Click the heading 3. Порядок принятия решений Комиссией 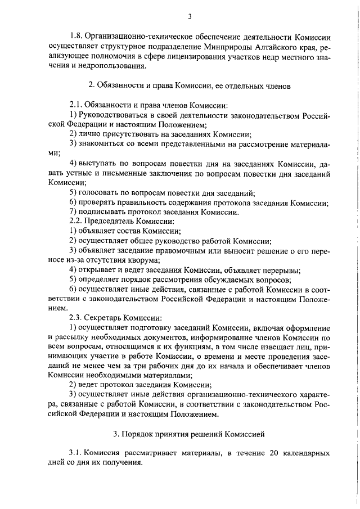[189, 434]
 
